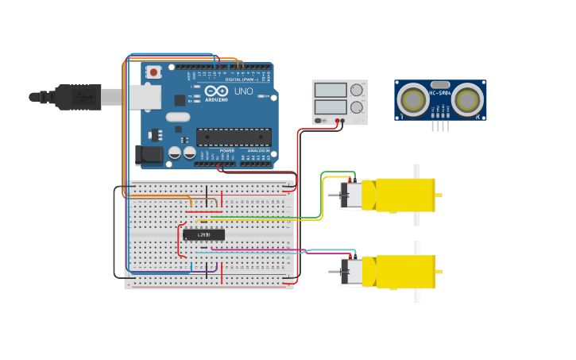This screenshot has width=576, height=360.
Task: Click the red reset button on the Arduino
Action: click(x=153, y=72)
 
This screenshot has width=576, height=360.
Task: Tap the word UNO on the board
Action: click(x=243, y=91)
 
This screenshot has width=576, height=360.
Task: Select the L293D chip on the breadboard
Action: click(x=203, y=234)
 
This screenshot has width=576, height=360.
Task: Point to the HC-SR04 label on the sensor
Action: click(x=440, y=93)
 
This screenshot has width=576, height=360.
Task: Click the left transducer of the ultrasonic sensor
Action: click(x=413, y=100)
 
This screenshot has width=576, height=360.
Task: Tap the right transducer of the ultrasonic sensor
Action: click(x=468, y=100)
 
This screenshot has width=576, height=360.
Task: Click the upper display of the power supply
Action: click(x=331, y=91)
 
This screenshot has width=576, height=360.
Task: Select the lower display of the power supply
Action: click(x=331, y=106)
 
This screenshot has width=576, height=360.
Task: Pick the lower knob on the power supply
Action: click(x=357, y=106)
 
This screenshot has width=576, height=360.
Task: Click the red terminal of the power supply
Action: click(x=338, y=121)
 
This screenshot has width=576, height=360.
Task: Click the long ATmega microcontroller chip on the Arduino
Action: click(x=234, y=137)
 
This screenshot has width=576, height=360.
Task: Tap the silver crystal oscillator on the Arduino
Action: click(x=177, y=118)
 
